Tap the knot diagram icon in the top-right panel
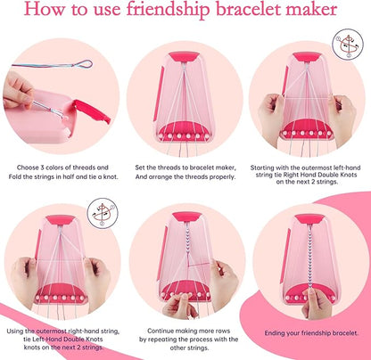(x=347, y=45)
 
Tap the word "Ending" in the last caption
(x=270, y=332)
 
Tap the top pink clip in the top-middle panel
(x=185, y=56)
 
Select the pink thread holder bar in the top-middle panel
(x=184, y=129)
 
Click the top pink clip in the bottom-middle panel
(x=185, y=217)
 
